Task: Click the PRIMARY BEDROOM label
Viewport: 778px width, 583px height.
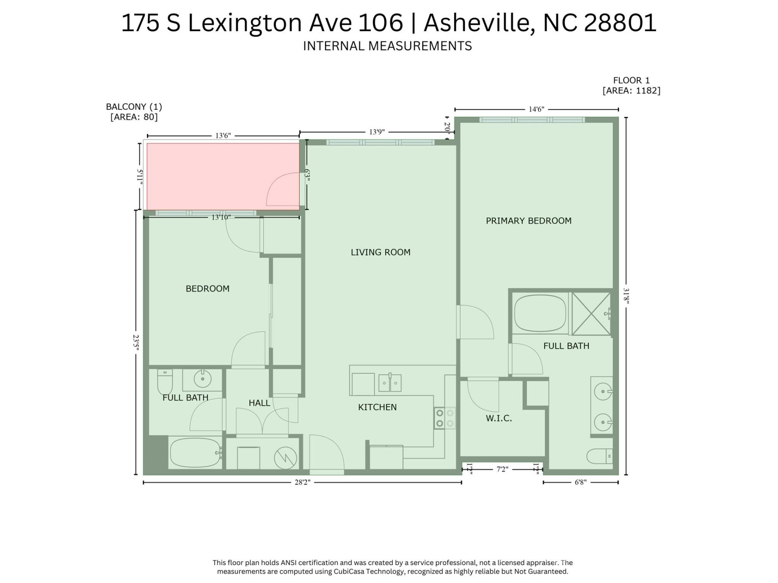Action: click(528, 221)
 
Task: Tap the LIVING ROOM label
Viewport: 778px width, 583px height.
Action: click(380, 252)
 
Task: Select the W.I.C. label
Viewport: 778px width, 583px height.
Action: click(499, 419)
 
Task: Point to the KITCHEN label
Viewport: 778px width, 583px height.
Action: click(377, 407)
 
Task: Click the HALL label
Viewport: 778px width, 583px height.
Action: click(259, 403)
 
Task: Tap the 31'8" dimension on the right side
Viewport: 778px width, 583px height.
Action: click(626, 296)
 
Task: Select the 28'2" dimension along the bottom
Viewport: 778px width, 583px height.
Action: click(302, 482)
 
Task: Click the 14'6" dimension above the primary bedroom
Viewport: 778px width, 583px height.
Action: click(536, 109)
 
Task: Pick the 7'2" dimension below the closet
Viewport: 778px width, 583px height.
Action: click(502, 469)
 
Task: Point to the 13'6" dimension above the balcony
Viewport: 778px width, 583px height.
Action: click(223, 136)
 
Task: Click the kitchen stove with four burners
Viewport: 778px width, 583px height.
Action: click(445, 419)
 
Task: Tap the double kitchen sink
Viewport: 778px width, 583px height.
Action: click(390, 383)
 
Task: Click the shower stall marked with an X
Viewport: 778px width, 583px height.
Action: click(591, 314)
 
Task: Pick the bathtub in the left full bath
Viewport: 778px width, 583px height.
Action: click(195, 453)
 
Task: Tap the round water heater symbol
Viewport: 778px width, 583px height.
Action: click(285, 458)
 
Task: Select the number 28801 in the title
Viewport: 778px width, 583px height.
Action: click(620, 23)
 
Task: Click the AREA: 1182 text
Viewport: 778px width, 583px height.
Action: click(631, 91)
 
